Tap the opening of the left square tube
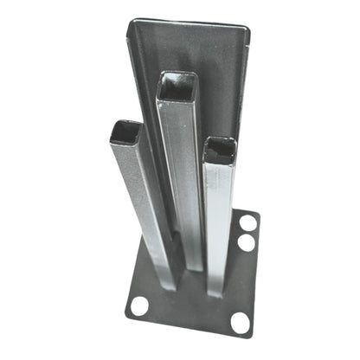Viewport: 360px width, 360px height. coord(126,132)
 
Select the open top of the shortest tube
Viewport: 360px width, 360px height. coord(220,150)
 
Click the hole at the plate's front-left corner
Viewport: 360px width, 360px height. coord(138,305)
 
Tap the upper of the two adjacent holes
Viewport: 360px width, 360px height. coord(248,223)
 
